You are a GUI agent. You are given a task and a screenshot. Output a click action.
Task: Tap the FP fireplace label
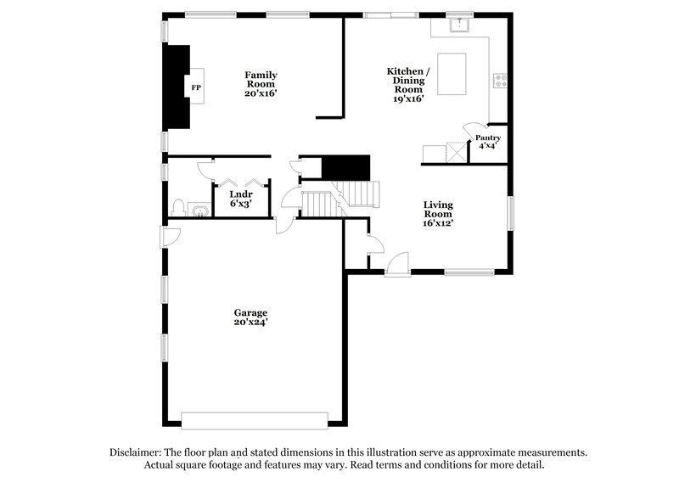pos(196,87)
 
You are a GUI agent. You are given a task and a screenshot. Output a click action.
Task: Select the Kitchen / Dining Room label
pos(407,81)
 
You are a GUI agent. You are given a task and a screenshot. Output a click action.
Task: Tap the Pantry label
pos(487,138)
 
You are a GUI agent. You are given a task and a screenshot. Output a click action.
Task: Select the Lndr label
pos(240,194)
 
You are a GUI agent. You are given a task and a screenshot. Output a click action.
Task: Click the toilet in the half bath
pos(177,208)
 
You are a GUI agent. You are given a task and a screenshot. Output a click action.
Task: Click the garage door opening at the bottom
pos(255,420)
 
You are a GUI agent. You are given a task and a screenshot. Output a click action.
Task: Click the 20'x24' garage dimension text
pos(251,323)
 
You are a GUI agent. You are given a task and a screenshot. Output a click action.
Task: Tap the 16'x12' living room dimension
pos(439,223)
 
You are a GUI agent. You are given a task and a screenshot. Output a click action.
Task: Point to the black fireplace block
pos(177,85)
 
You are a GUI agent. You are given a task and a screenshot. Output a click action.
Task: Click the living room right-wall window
pos(511,212)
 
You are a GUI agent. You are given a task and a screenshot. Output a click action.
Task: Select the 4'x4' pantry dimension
pos(487,146)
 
